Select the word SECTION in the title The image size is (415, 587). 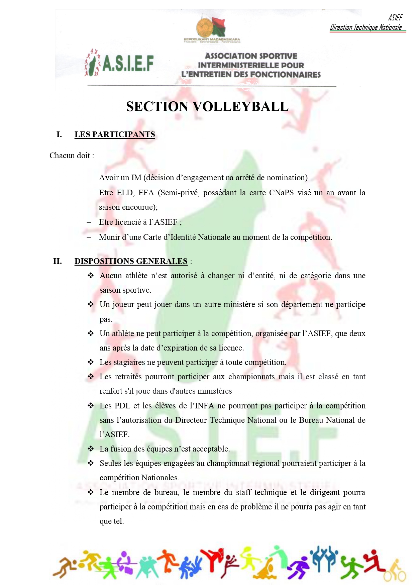pos(157,107)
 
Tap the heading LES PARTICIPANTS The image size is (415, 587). pos(115,134)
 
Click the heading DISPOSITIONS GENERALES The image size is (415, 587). pos(131,261)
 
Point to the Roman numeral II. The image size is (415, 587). pos(58,261)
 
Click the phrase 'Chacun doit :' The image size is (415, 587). pos(72,156)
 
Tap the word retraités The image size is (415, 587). pos(128,377)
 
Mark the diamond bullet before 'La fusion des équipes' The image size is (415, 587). pos(91,449)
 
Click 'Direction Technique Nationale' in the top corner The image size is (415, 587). pos(366,27)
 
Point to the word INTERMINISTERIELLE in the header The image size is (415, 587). pos(251,65)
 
